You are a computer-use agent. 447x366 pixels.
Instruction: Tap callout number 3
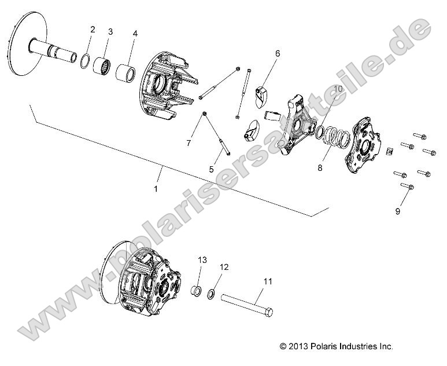(110, 31)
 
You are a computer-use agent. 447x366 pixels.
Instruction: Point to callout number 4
(135, 34)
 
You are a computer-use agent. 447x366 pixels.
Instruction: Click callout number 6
(278, 54)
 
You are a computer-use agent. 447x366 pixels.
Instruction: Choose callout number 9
(397, 211)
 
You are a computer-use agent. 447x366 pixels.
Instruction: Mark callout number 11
(267, 282)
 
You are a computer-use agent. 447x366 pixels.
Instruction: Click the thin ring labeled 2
(83, 60)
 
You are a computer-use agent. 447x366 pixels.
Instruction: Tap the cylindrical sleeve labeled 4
(128, 74)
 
